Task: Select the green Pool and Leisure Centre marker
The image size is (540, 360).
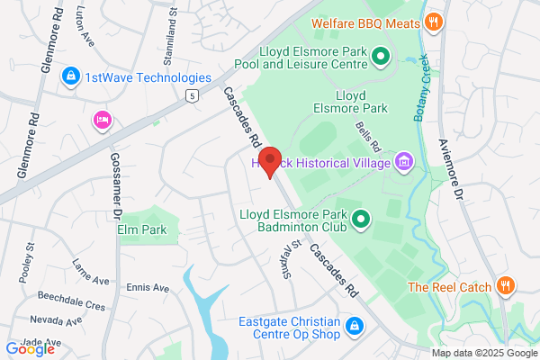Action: coord(380,58)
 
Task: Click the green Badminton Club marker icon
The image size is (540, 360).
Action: coord(361,218)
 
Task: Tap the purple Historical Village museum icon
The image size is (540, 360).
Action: coord(404,163)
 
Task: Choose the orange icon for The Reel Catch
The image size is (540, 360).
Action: coord(506,287)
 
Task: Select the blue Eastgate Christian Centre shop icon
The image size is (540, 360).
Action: coord(355,325)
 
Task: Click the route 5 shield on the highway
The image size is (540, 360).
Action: coord(190,94)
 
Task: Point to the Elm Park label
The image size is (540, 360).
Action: coord(143,229)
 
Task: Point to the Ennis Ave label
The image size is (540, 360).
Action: coord(148,288)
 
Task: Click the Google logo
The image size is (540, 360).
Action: coord(30,348)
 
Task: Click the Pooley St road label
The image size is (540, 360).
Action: coord(30,258)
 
